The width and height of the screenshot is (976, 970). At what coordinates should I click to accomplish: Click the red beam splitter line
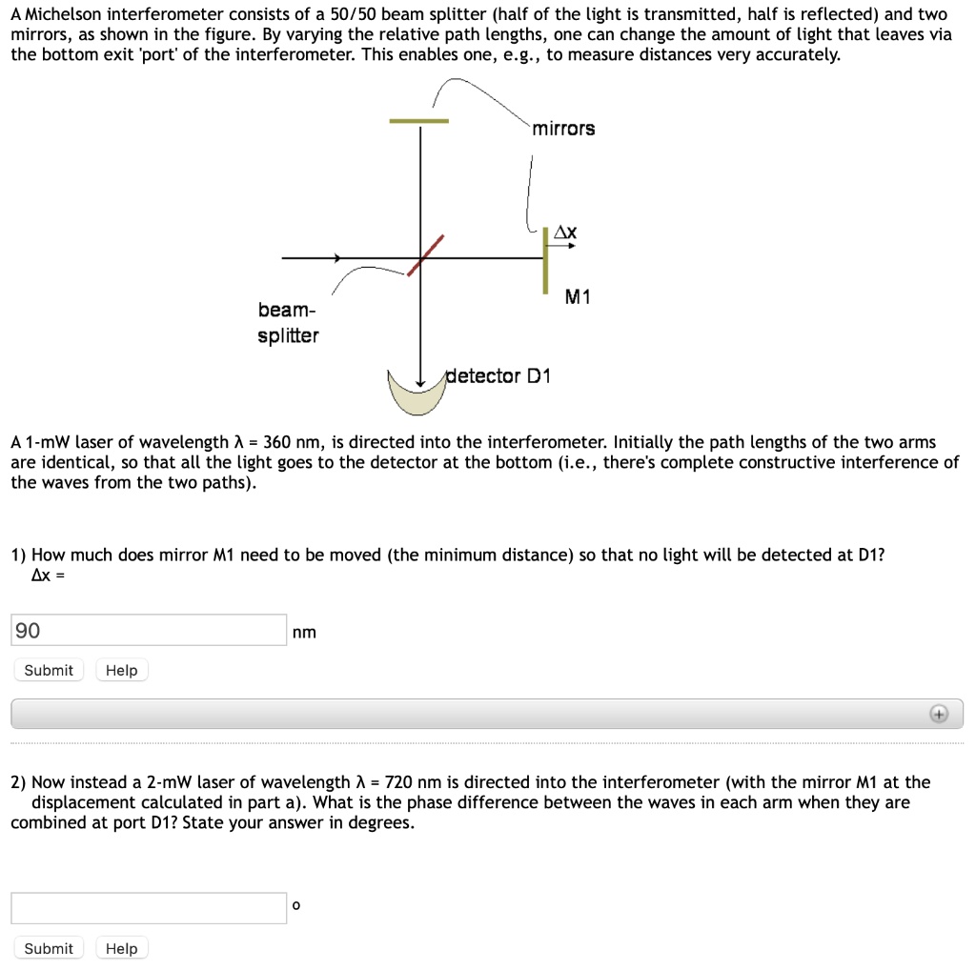point(426,255)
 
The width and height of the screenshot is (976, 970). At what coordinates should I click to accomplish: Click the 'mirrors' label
point(563,129)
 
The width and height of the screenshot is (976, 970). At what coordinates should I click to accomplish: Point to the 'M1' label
point(578,297)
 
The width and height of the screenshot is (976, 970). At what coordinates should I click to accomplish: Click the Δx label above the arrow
point(565,232)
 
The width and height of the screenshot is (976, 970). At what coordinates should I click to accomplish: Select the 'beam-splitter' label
point(288,323)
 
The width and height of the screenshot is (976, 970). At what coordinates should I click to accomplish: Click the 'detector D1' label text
point(498,375)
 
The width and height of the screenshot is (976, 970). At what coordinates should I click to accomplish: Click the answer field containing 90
point(149,630)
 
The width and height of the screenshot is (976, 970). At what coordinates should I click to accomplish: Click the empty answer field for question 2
point(149,907)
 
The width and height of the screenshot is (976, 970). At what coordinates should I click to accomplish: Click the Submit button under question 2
point(49,948)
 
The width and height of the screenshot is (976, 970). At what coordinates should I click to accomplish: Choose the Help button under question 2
point(121,948)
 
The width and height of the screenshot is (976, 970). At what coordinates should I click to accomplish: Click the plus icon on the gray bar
point(939,714)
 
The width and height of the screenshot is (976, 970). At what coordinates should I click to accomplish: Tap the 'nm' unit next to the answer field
point(305,632)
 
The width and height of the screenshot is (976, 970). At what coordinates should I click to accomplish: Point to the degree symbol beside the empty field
point(296,905)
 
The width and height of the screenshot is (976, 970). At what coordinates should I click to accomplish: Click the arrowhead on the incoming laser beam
point(336,257)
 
